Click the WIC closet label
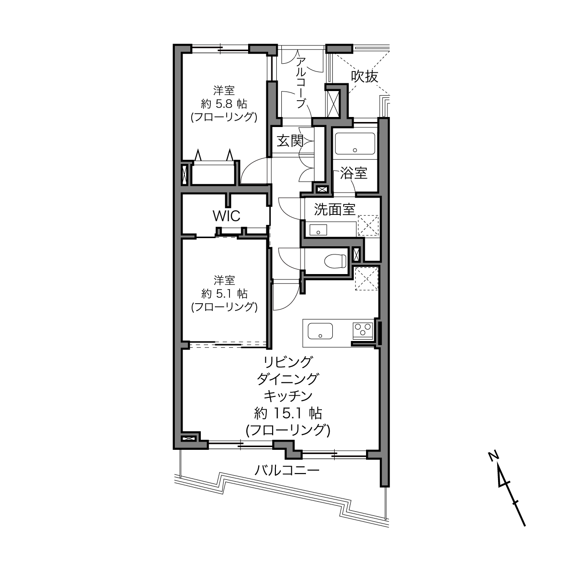[226, 216]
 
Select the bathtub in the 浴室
[355, 143]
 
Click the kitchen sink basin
[320, 331]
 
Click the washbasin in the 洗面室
[318, 230]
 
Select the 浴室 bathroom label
[353, 173]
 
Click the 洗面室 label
[335, 209]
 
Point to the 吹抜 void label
[364, 76]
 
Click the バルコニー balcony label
[287, 470]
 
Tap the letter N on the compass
[493, 456]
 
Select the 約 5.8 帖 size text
[224, 104]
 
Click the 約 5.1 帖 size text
[224, 294]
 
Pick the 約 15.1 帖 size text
[288, 413]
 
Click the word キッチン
[288, 396]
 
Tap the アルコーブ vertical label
[300, 83]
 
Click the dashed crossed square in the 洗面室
[368, 225]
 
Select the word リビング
[288, 361]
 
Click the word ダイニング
[288, 379]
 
